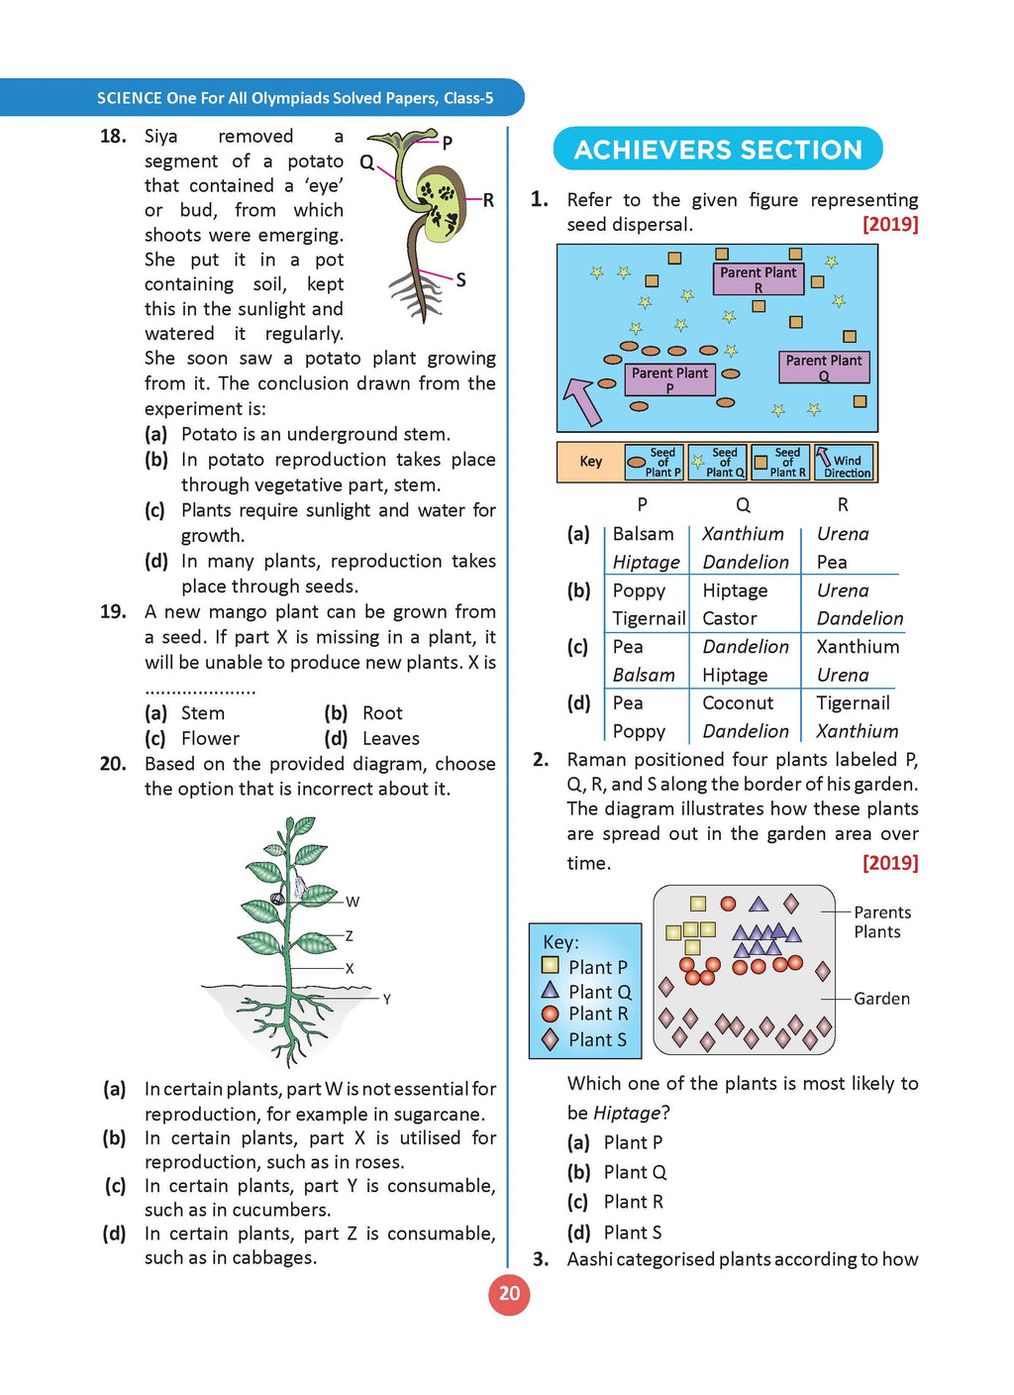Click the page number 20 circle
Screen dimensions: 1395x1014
point(509,1294)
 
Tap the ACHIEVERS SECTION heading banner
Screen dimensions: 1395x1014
point(718,150)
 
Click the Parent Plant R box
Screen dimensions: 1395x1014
point(759,278)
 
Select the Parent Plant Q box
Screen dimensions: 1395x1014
point(823,368)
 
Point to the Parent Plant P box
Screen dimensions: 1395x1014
point(669,379)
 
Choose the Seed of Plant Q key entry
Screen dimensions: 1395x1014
point(718,463)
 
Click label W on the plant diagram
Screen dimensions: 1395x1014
point(353,902)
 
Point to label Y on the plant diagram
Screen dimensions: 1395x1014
point(386,999)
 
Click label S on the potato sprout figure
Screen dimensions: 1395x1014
point(460,280)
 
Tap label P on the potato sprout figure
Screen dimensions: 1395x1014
point(448,143)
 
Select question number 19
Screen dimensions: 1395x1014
point(113,612)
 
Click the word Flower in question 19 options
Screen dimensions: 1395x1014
point(210,739)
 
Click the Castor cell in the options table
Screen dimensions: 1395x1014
point(730,618)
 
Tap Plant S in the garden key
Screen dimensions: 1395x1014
point(596,1040)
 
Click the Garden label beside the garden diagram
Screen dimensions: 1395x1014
point(881,999)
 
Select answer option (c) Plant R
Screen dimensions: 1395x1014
point(633,1202)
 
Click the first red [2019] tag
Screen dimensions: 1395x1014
point(890,225)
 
